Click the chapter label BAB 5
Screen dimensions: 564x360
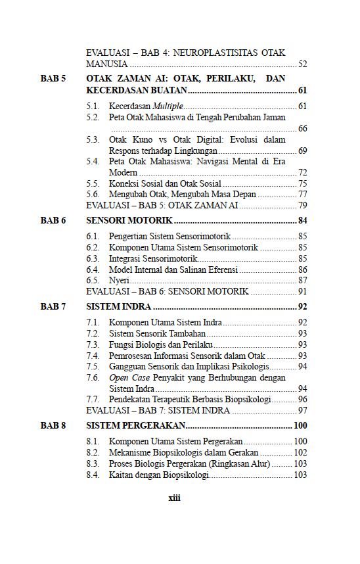[53, 79]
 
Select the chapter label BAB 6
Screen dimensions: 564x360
[53, 220]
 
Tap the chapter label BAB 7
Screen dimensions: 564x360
[53, 306]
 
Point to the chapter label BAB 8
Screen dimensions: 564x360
[53, 426]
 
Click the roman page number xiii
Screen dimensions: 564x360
[174, 498]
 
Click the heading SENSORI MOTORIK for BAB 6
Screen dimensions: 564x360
[129, 220]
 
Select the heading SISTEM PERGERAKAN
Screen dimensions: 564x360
[136, 426]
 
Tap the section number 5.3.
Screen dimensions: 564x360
[93, 140]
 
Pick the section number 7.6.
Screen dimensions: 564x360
[93, 378]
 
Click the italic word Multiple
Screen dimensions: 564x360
[168, 106]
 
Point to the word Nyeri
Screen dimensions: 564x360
[118, 280]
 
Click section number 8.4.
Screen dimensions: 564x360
[93, 475]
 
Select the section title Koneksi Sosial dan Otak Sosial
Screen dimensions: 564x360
[165, 183]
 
